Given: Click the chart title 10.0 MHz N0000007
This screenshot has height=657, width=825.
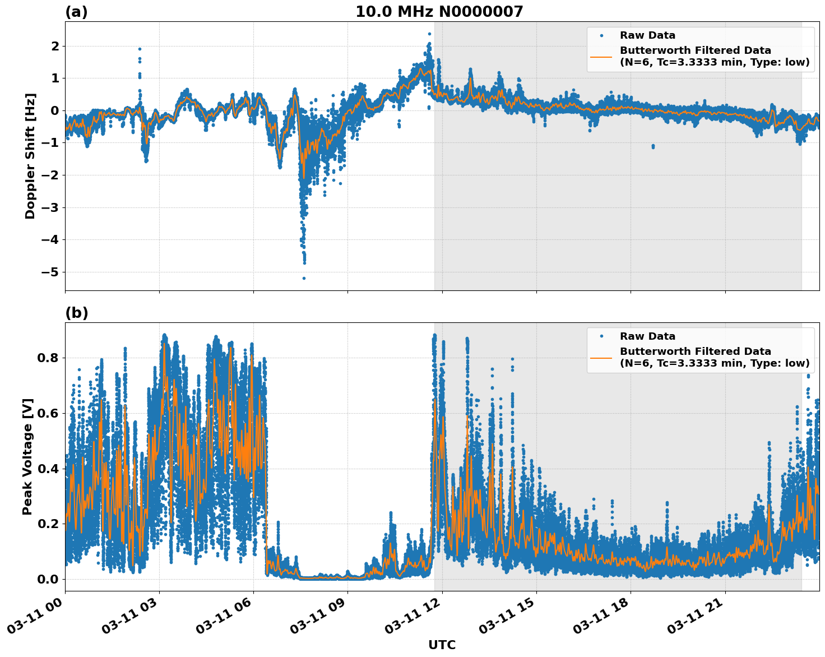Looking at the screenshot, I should [x=439, y=12].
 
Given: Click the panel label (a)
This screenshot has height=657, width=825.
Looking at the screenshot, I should [x=76, y=12].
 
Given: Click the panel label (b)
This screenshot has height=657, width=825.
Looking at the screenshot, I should [x=76, y=313].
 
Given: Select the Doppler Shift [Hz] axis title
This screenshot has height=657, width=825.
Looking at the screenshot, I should [x=30, y=156].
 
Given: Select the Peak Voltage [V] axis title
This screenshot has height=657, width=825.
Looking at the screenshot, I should [x=28, y=456].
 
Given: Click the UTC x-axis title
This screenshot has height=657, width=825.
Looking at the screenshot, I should [x=442, y=645].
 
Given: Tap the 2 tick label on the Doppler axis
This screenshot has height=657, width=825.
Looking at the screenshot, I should [x=55, y=46].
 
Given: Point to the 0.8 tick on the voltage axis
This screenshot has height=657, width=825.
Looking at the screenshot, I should [x=48, y=358].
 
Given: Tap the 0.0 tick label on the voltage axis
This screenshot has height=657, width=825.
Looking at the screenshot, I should [x=48, y=579].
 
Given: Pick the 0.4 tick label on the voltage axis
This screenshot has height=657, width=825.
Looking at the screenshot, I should [x=48, y=469].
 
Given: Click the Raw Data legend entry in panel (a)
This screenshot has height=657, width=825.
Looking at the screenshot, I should [x=647, y=35].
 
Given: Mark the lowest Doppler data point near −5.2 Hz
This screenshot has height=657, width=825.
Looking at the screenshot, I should [x=304, y=278].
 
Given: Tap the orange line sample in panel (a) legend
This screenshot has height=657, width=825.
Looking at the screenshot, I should [x=601, y=56].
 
